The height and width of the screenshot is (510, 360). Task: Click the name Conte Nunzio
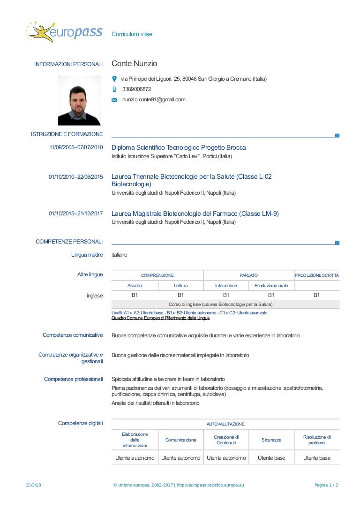(x=134, y=64)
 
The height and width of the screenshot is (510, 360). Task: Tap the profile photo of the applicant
(x=79, y=100)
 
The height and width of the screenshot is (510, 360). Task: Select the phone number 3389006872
(x=136, y=89)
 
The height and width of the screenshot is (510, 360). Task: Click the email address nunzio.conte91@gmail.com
(x=154, y=99)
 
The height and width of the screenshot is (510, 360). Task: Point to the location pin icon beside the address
(x=114, y=79)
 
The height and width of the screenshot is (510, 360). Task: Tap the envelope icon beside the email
(x=114, y=100)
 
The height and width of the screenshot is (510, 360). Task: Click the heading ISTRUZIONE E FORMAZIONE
(x=67, y=135)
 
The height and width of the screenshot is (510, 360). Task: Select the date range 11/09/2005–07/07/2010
(x=76, y=148)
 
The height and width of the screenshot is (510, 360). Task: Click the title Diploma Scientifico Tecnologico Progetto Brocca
(x=179, y=148)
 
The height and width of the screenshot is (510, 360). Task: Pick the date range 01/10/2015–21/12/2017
(x=76, y=214)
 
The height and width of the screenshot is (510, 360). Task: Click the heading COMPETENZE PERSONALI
(x=69, y=242)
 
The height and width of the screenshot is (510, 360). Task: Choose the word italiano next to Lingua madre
(x=119, y=255)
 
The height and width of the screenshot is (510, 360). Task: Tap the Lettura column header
(x=180, y=285)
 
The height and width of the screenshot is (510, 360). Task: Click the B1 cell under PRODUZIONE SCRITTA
(x=316, y=295)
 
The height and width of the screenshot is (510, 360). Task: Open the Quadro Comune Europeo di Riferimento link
(x=160, y=318)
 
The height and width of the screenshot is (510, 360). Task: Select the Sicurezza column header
(x=271, y=440)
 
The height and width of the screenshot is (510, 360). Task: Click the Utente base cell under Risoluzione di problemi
(x=316, y=458)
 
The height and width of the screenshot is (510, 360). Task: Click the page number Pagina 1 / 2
(x=326, y=485)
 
